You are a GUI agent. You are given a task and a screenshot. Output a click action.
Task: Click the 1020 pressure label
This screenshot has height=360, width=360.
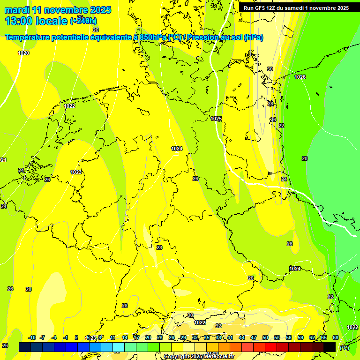click(x=23, y=53)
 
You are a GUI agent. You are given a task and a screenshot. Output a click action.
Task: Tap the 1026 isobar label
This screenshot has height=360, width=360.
click(x=300, y=77)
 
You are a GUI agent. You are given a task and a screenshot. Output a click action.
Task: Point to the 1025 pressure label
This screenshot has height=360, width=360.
click(x=216, y=119)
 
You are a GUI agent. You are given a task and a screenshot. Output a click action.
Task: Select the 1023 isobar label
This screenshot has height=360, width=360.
click(x=76, y=172)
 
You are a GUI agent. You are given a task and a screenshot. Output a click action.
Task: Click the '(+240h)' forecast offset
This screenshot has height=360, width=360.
click(x=83, y=21)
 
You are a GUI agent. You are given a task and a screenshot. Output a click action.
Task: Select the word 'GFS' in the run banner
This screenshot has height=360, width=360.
click(x=262, y=8)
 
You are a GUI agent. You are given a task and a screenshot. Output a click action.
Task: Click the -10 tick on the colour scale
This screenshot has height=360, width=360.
click(x=32, y=337)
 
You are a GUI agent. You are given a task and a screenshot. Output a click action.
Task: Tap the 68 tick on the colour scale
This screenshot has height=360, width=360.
click(x=336, y=337)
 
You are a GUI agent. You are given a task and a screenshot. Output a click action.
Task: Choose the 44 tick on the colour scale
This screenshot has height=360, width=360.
click(x=242, y=337)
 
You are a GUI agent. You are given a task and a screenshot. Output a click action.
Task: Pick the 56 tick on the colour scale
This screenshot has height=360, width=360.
click(x=289, y=337)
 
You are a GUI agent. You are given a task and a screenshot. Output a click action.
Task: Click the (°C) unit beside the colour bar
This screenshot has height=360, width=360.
click(x=344, y=348)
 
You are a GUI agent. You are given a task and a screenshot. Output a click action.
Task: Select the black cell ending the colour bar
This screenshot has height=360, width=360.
click(x=330, y=347)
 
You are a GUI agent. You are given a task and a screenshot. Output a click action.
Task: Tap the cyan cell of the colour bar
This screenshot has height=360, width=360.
click(x=119, y=347)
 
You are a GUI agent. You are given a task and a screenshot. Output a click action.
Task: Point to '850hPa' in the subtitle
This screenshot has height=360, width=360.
click(x=153, y=37)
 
